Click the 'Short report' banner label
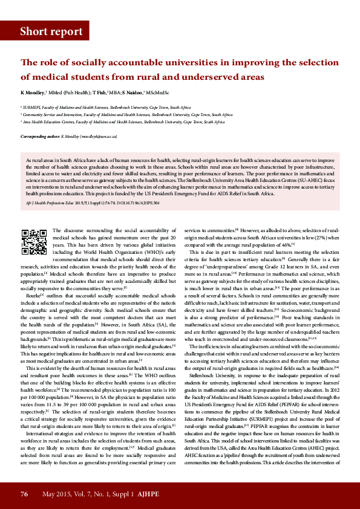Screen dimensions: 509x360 (51, 32)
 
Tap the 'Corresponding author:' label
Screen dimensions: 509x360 (39, 137)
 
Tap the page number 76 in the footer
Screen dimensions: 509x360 (24, 494)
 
